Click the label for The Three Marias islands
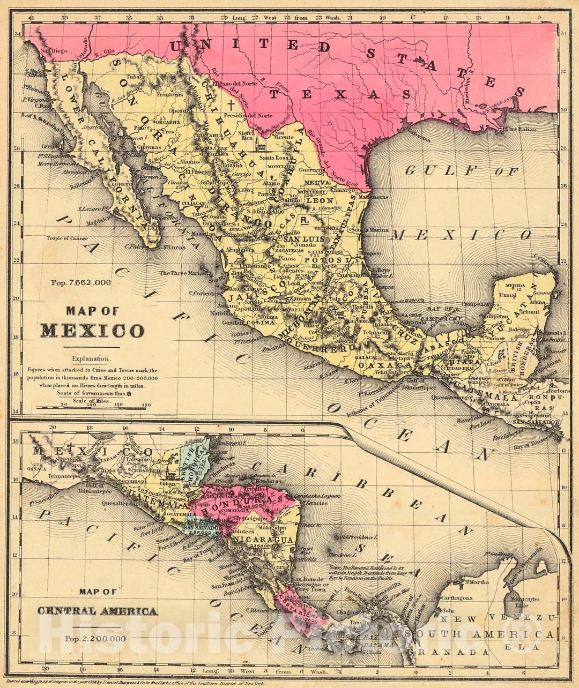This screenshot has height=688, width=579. click(180, 273)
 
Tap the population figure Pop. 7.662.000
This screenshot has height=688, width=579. click(81, 282)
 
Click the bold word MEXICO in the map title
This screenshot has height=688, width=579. click(92, 331)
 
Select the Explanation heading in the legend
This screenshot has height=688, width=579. click(93, 358)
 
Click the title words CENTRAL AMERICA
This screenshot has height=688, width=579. click(97, 611)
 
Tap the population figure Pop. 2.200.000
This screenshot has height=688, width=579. click(95, 638)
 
